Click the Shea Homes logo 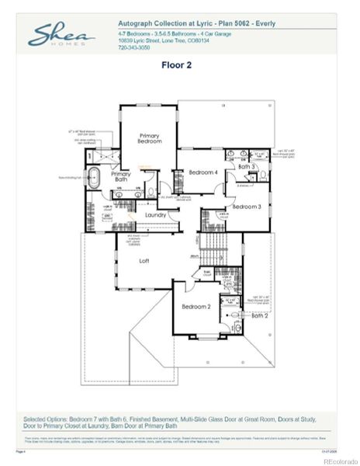coord(61,35)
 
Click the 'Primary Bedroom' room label coord(150,138)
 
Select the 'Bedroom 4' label coord(202,172)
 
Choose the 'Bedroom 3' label coord(246,207)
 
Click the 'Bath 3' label coord(246,166)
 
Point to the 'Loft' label coord(144,261)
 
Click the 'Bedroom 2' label coord(196,307)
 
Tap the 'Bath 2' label coord(259,315)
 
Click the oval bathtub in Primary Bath coord(95,174)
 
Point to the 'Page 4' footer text coord(21,450)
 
